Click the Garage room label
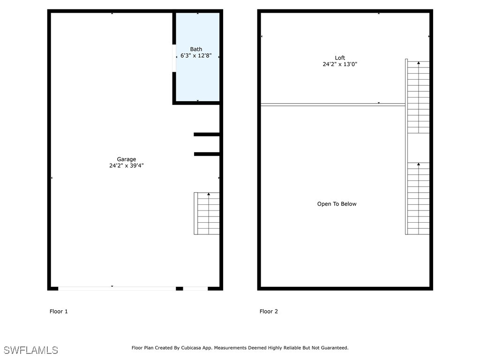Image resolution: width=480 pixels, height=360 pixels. click(x=127, y=159)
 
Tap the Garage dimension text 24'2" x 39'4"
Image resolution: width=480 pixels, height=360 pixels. click(x=127, y=165)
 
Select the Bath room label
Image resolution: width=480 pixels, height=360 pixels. click(x=196, y=49)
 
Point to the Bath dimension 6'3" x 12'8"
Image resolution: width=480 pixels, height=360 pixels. click(x=196, y=55)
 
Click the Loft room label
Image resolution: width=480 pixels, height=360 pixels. click(x=340, y=58)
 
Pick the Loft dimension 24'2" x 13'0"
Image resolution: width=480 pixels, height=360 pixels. click(x=340, y=64)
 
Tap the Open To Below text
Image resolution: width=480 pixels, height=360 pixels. click(x=337, y=204)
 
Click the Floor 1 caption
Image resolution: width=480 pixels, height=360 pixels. click(x=59, y=311)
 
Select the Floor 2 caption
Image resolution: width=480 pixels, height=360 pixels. click(x=269, y=311)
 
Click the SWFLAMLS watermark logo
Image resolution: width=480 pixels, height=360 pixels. click(x=30, y=350)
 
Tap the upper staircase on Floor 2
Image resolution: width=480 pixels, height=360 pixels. click(x=418, y=97)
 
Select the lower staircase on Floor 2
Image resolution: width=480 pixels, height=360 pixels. click(x=418, y=198)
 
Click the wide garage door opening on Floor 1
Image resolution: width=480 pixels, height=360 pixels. click(x=117, y=289)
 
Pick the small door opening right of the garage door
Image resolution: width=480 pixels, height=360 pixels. click(x=195, y=289)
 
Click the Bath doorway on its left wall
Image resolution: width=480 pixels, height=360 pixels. click(x=174, y=58)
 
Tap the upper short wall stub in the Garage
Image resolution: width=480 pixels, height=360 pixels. click(x=207, y=135)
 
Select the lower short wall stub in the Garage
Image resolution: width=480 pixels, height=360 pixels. click(x=207, y=154)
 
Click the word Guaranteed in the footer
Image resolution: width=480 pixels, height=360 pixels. click(x=333, y=348)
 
